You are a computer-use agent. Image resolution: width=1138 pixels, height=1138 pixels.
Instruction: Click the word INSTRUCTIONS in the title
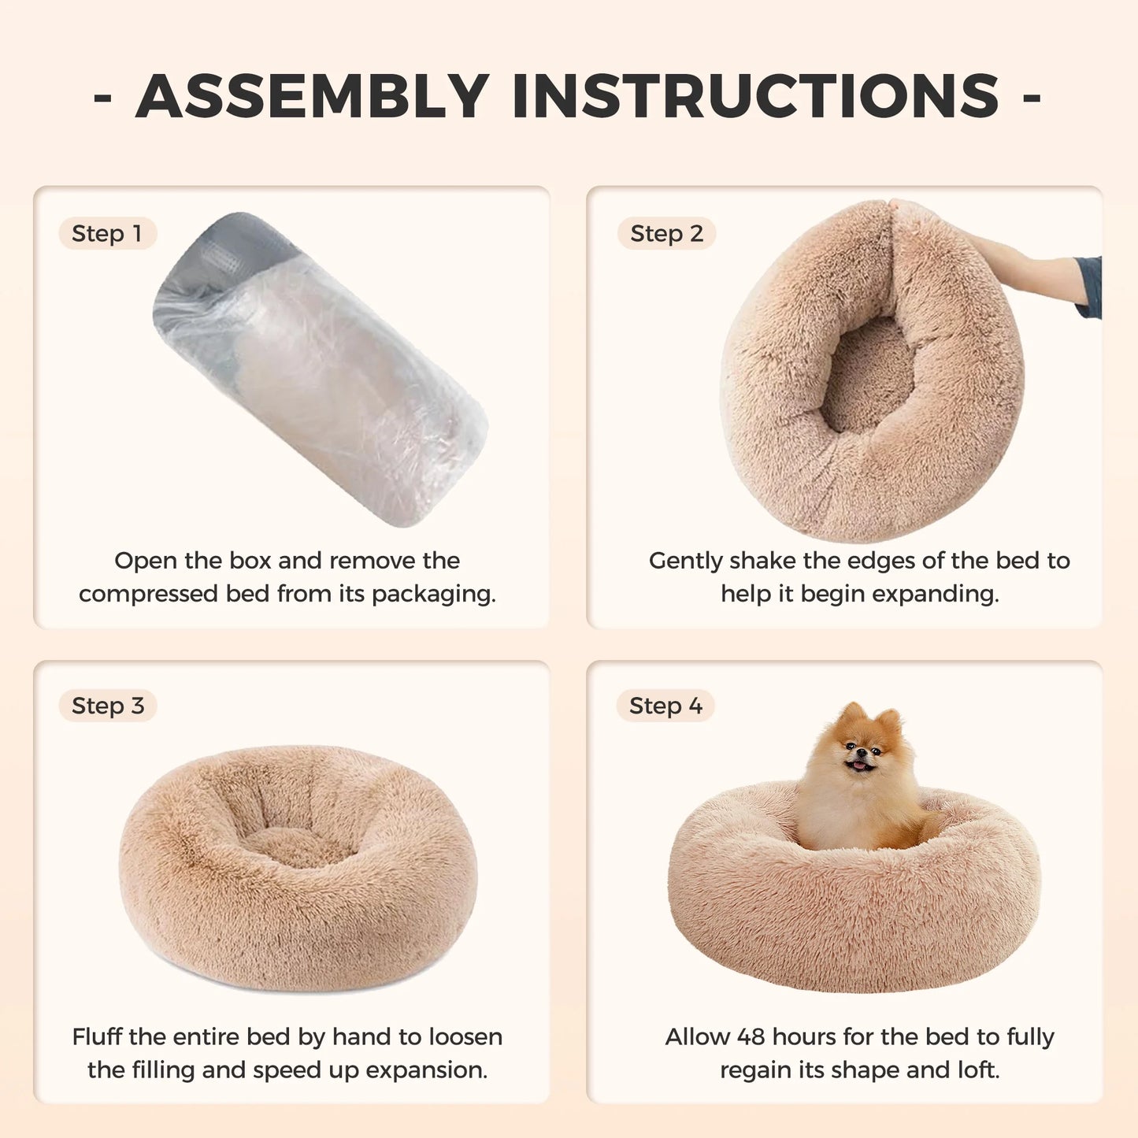click(755, 96)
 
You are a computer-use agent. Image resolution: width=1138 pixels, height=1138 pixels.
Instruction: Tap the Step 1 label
click(107, 234)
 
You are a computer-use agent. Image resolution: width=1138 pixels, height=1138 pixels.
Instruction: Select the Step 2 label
click(666, 234)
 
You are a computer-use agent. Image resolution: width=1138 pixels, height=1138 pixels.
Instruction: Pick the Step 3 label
click(108, 706)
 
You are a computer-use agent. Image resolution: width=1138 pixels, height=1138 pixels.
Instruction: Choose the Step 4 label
click(665, 706)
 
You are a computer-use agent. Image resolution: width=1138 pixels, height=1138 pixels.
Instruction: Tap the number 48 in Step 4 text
click(751, 1036)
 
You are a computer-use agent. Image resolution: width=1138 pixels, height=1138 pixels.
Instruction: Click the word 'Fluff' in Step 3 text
click(98, 1036)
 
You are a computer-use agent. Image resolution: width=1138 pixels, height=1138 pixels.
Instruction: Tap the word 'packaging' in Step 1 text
click(434, 594)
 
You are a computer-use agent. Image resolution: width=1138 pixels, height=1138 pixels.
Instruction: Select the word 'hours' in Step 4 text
click(803, 1036)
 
